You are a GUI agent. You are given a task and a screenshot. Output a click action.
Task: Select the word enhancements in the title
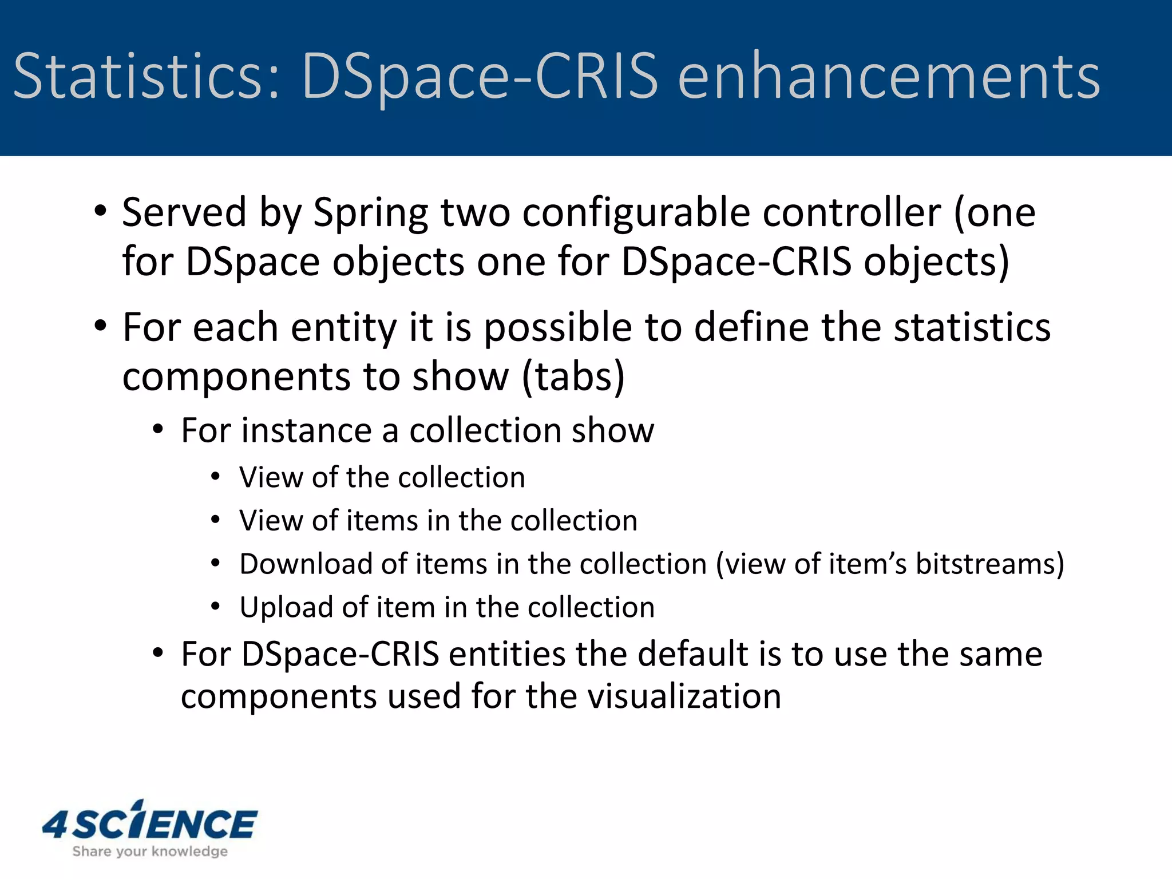tap(889, 76)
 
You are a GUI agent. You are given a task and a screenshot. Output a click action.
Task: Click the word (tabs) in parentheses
tap(573, 378)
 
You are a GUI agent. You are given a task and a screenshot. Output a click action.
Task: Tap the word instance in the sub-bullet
tap(307, 430)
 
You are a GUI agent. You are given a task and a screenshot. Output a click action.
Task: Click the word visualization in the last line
tap(654, 697)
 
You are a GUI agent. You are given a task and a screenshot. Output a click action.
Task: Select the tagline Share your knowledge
tap(150, 852)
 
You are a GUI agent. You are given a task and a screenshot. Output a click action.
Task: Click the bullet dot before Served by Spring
tap(101, 211)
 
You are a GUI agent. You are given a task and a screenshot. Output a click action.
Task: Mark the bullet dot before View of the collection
tap(215, 477)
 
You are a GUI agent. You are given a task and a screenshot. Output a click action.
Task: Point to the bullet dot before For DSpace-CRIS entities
tap(159, 653)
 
